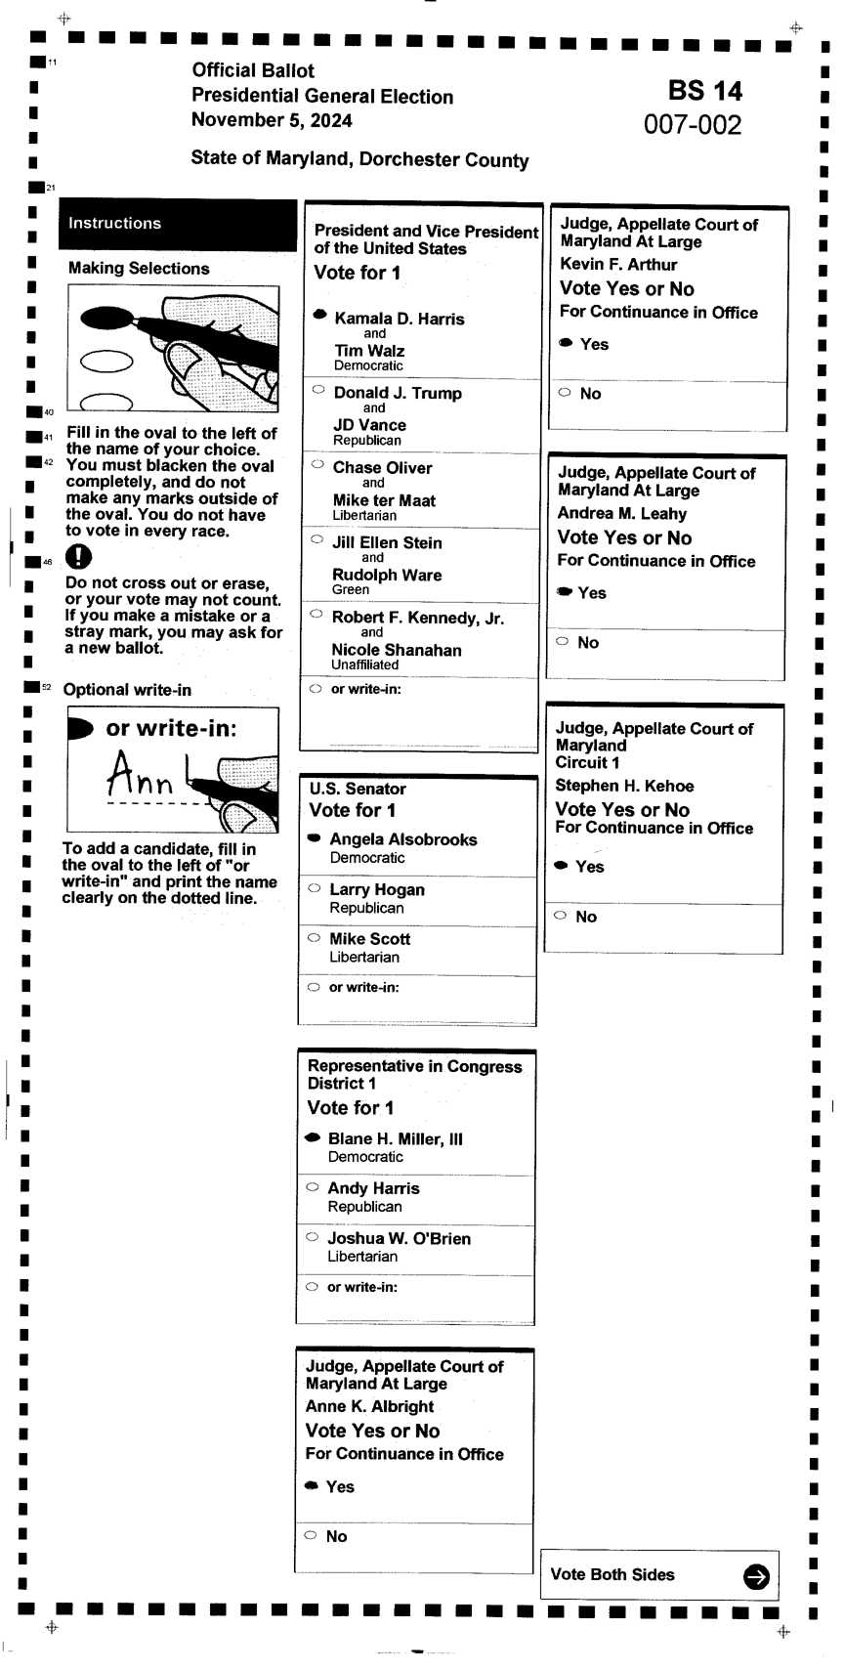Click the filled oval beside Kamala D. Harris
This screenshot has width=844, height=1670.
click(319, 315)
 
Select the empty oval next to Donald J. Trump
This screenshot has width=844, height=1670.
click(318, 389)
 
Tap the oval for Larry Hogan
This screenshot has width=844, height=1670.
click(314, 888)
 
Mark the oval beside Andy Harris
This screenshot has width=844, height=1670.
click(313, 1187)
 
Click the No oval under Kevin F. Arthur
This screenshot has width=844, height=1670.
click(565, 392)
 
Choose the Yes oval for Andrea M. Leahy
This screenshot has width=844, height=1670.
click(564, 591)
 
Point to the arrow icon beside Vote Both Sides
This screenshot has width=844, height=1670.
click(755, 1576)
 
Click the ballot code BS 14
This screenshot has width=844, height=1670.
click(704, 91)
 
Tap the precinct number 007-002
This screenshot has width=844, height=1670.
click(693, 125)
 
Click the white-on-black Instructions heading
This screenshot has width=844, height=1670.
click(114, 223)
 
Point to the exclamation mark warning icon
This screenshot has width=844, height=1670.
click(78, 556)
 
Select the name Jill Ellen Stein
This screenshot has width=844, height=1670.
click(387, 542)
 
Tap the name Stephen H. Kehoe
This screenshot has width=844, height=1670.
click(624, 786)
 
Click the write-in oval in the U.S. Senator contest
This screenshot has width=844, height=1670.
click(314, 987)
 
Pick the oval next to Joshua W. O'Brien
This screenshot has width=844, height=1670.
click(312, 1237)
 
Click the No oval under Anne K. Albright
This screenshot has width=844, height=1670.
click(311, 1535)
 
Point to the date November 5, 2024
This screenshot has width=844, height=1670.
click(272, 120)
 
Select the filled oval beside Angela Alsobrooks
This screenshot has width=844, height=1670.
click(314, 837)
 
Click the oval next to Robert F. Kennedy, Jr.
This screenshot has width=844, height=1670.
click(316, 614)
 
